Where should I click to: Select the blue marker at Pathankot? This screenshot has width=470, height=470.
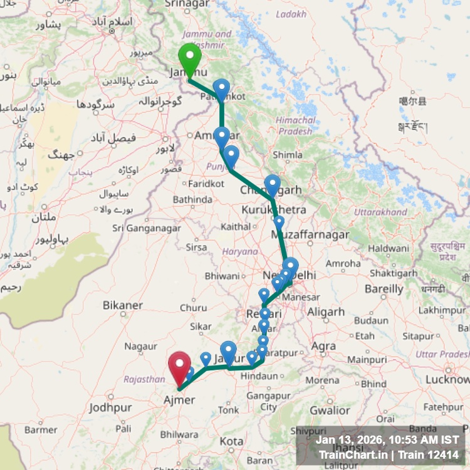(x=221, y=89)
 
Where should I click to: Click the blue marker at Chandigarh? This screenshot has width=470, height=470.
(x=272, y=184)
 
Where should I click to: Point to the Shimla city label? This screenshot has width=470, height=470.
(x=288, y=155)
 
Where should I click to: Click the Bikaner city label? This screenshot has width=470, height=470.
(x=123, y=305)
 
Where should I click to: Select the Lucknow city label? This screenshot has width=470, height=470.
(x=447, y=379)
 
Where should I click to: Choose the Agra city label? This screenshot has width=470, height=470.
(x=323, y=345)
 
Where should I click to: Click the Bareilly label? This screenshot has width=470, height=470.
(x=384, y=289)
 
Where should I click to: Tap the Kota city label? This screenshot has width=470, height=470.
(x=232, y=441)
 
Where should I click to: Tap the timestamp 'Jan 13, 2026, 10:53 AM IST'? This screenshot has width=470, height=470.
(x=387, y=441)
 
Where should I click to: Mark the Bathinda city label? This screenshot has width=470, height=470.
(x=192, y=199)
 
